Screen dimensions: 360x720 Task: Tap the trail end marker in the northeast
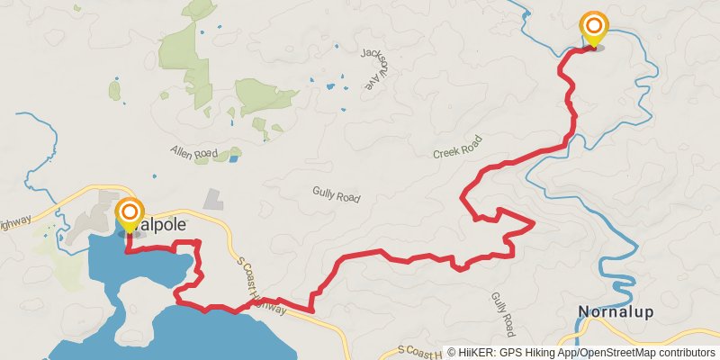point(594,27)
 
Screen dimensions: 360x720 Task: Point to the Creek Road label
point(457,148)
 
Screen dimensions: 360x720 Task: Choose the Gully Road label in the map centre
point(336,193)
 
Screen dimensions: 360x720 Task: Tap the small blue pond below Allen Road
point(234,158)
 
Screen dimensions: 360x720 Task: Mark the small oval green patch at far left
point(114,90)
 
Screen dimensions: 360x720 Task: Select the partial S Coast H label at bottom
point(419,350)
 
